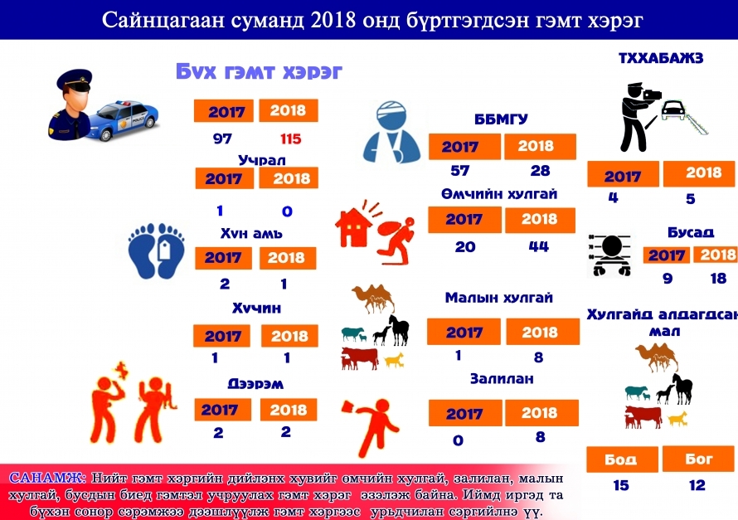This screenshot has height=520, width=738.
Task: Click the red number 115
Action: (x=290, y=139)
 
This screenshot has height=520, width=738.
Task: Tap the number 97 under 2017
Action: (x=222, y=139)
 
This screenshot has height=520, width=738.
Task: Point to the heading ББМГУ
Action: (x=501, y=119)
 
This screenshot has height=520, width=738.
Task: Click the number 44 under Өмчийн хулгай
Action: (x=538, y=246)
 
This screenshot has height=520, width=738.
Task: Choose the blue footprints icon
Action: (x=156, y=250)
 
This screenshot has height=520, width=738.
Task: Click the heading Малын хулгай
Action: (x=499, y=298)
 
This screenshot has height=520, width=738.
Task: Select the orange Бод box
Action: (x=622, y=459)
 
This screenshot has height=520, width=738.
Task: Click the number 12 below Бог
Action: (x=697, y=484)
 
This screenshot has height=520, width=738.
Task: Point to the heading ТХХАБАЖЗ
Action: (x=661, y=58)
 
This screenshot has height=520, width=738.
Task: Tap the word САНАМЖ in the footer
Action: (x=46, y=478)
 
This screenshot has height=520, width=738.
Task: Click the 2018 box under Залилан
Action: (x=541, y=413)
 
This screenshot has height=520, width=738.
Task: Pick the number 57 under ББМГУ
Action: (x=460, y=170)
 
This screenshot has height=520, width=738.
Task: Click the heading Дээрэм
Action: (x=255, y=384)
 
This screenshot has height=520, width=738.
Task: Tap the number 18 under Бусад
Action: (x=718, y=278)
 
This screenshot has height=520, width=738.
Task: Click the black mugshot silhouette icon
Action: (x=610, y=255)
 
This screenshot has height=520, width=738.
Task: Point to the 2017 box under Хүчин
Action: (x=221, y=336)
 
